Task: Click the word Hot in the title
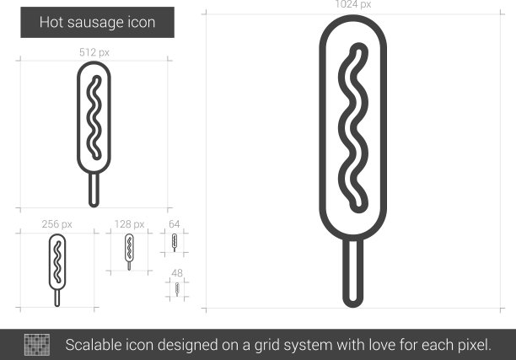click(51, 22)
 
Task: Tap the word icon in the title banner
click(142, 22)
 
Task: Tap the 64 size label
click(174, 224)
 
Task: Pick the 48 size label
click(177, 273)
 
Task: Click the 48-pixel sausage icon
click(177, 289)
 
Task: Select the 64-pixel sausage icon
click(175, 243)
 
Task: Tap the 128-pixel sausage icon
click(129, 252)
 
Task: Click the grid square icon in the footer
click(37, 345)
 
